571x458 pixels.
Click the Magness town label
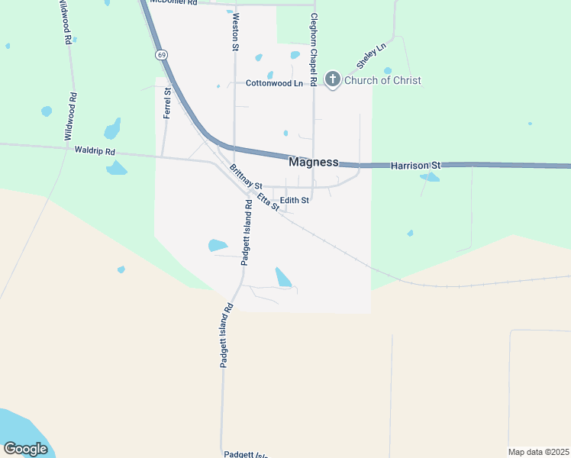coord(313,162)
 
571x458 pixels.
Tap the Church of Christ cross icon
coord(332,79)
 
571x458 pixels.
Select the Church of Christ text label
coord(382,80)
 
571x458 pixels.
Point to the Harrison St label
coord(416,165)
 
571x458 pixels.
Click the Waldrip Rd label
coord(95,151)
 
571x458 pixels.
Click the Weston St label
coord(235,31)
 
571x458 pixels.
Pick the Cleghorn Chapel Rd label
coord(314,50)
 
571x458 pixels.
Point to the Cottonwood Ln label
coord(274,83)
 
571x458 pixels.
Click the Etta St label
coord(268,202)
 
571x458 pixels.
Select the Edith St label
coord(294,201)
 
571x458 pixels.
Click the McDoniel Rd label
coord(174,2)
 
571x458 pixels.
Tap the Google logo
coord(25,449)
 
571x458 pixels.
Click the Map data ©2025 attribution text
coord(538,452)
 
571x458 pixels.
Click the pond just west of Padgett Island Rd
coord(218,245)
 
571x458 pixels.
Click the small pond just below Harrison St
coord(430,177)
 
